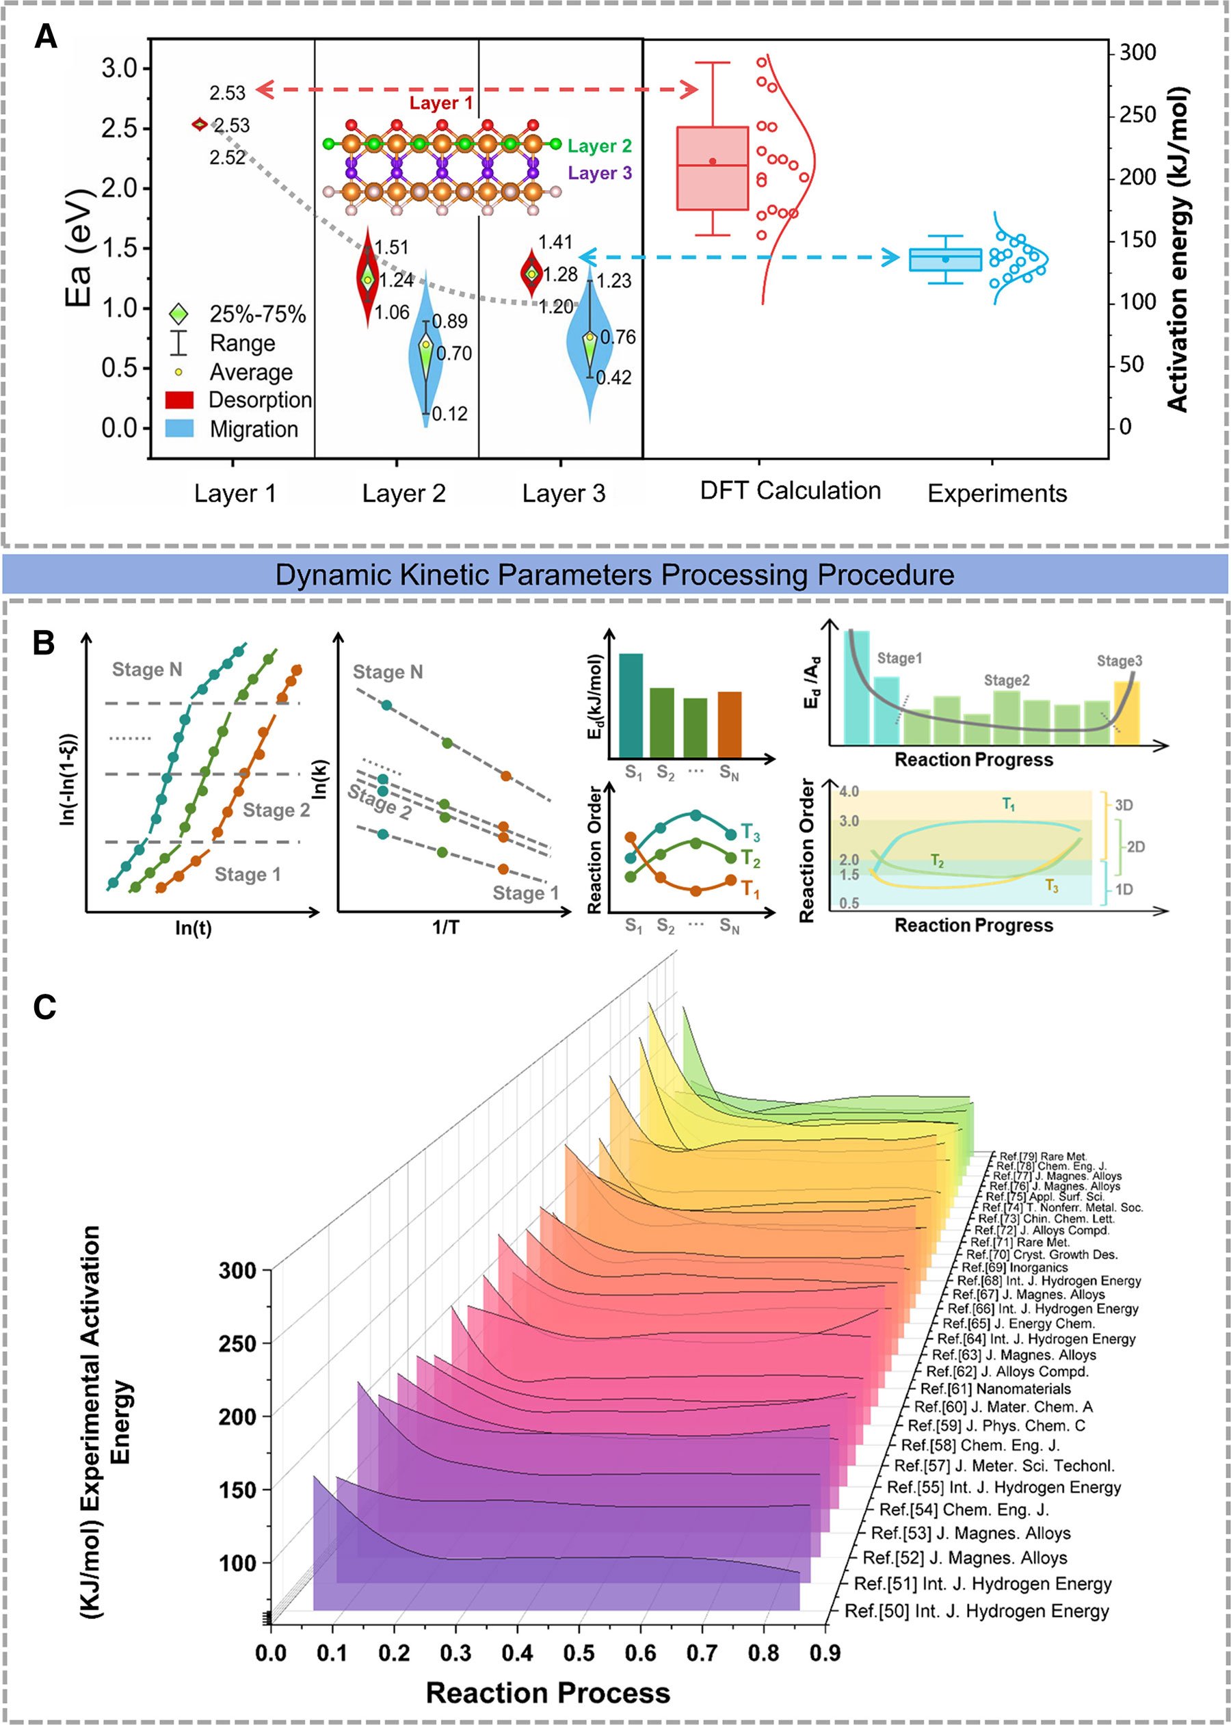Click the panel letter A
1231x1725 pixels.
(46, 36)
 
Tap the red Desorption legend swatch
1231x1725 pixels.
(179, 400)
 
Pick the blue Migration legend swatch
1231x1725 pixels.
(179, 429)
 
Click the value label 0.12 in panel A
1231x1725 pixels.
(449, 414)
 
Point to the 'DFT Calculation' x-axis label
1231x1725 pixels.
(790, 491)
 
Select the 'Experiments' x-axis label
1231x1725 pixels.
(997, 493)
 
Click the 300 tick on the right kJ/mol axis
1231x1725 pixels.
(1138, 53)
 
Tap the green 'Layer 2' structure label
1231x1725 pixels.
(599, 146)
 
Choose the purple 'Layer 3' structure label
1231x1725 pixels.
(599, 174)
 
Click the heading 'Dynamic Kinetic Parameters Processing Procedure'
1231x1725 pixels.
(614, 575)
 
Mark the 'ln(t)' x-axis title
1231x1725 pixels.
(194, 927)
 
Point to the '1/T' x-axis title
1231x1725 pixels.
(449, 927)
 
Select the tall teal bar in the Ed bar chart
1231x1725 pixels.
(631, 706)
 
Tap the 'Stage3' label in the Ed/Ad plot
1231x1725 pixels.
(1119, 661)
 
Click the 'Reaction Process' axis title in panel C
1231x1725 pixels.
(547, 1692)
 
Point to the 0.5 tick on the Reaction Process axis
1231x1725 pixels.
(579, 1653)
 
